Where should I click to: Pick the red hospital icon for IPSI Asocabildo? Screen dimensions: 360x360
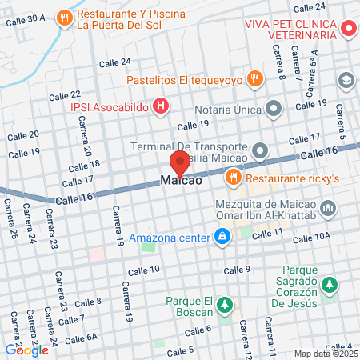click(x=160, y=105)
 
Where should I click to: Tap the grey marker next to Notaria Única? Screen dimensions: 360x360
click(x=274, y=106)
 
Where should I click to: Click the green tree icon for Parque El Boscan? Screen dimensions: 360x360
click(x=226, y=306)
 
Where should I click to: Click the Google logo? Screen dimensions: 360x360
click(x=26, y=350)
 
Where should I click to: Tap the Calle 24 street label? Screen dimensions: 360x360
click(x=114, y=62)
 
